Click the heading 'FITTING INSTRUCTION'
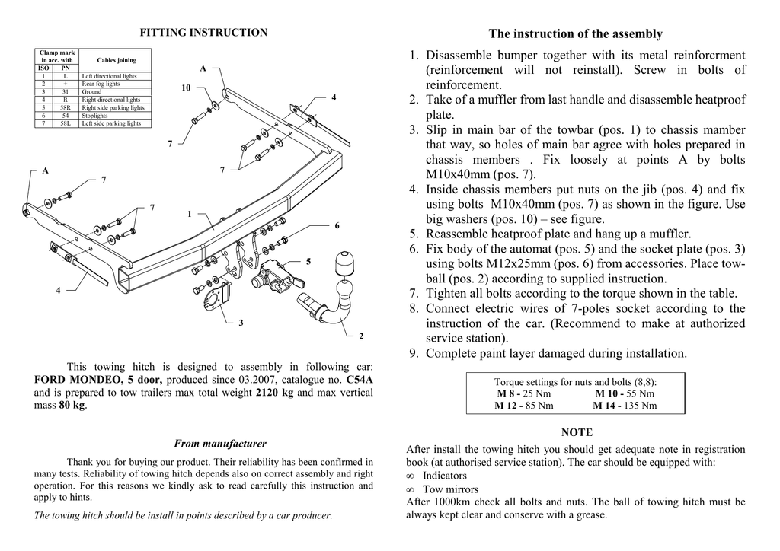tap(203, 33)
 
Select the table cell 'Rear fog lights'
tap(101, 84)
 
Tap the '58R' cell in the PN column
tap(66, 107)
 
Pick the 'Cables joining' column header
tap(117, 60)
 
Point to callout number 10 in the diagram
tap(186, 88)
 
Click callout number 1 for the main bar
tap(190, 214)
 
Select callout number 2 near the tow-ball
tap(361, 336)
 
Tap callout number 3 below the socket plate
tap(241, 323)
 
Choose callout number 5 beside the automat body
tap(308, 262)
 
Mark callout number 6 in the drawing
tap(336, 226)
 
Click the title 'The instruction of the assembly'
tap(575, 33)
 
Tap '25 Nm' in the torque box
tap(537, 393)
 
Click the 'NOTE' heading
tap(576, 432)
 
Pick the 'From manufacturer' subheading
tap(220, 444)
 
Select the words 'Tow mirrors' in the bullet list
tap(451, 489)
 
